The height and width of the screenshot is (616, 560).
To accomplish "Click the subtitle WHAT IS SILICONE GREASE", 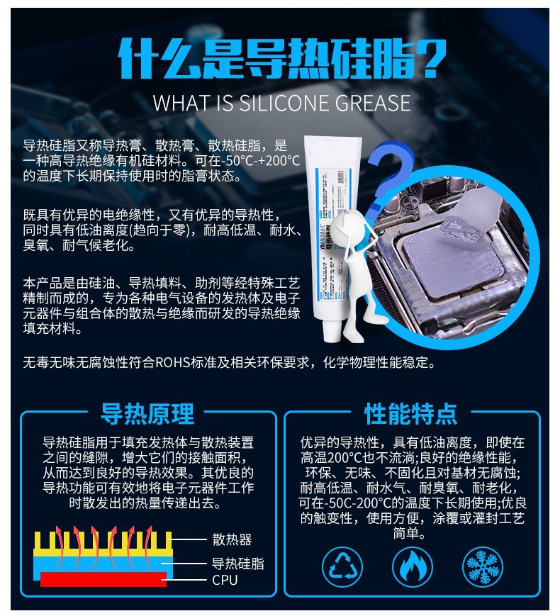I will (281, 103).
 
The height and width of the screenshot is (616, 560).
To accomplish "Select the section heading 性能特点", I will (411, 413).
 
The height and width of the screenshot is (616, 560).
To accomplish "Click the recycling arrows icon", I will (342, 567).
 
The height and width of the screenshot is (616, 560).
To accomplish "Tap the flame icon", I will (413, 567).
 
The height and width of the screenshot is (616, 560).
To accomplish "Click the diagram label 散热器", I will (232, 540).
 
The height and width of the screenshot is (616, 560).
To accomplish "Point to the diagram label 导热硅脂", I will (238, 564).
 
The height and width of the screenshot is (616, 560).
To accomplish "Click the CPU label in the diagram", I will (225, 581).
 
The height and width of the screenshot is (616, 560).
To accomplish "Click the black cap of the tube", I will (330, 329).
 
